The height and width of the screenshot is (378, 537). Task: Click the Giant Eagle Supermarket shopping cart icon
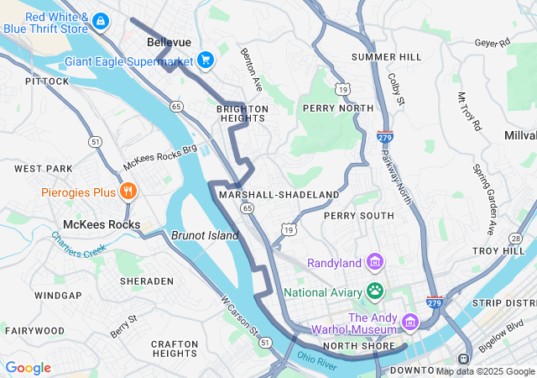coord(205,60)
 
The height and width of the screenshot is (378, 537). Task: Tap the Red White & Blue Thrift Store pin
coord(100,21)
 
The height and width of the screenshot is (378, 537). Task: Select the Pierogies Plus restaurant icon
coord(128,192)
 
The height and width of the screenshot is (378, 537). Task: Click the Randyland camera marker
coord(374,263)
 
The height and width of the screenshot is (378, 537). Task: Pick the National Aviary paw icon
coord(374,291)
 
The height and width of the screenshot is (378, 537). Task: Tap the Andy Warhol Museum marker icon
coord(409,322)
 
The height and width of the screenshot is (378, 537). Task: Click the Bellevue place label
coord(169,41)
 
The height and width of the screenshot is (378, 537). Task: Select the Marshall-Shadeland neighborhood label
coord(278,195)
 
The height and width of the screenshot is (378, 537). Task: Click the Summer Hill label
coord(386,56)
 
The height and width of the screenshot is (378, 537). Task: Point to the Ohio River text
coord(316,360)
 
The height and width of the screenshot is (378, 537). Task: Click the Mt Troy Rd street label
coord(469,112)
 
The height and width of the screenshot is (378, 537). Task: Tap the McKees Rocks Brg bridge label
coord(159,155)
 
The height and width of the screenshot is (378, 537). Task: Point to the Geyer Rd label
coord(492,42)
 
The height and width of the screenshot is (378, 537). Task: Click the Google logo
coord(28,368)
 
